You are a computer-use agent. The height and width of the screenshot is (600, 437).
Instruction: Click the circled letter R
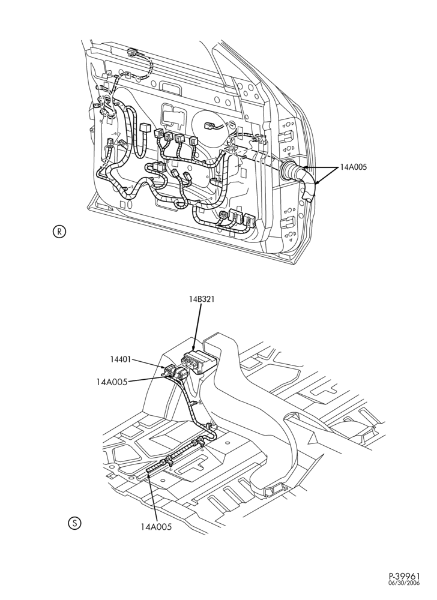[x=59, y=232]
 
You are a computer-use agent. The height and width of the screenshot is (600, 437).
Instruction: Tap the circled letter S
[x=74, y=523]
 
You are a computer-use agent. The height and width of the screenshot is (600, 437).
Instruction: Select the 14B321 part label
[x=201, y=299]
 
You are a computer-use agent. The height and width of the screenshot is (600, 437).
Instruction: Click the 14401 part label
[x=121, y=359]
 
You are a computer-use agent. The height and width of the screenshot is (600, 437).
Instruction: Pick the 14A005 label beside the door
[x=354, y=167]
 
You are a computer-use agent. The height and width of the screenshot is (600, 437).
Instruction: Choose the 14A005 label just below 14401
[x=112, y=382]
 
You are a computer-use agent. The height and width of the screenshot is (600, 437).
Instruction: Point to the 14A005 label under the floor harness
[x=156, y=527]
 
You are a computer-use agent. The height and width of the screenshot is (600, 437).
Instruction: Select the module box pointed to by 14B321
[x=200, y=361]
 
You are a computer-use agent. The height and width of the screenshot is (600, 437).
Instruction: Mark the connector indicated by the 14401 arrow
[x=169, y=371]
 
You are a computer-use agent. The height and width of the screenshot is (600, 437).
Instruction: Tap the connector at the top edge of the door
[x=133, y=52]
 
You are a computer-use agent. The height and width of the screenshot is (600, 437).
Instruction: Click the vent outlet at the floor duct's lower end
[x=276, y=488]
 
